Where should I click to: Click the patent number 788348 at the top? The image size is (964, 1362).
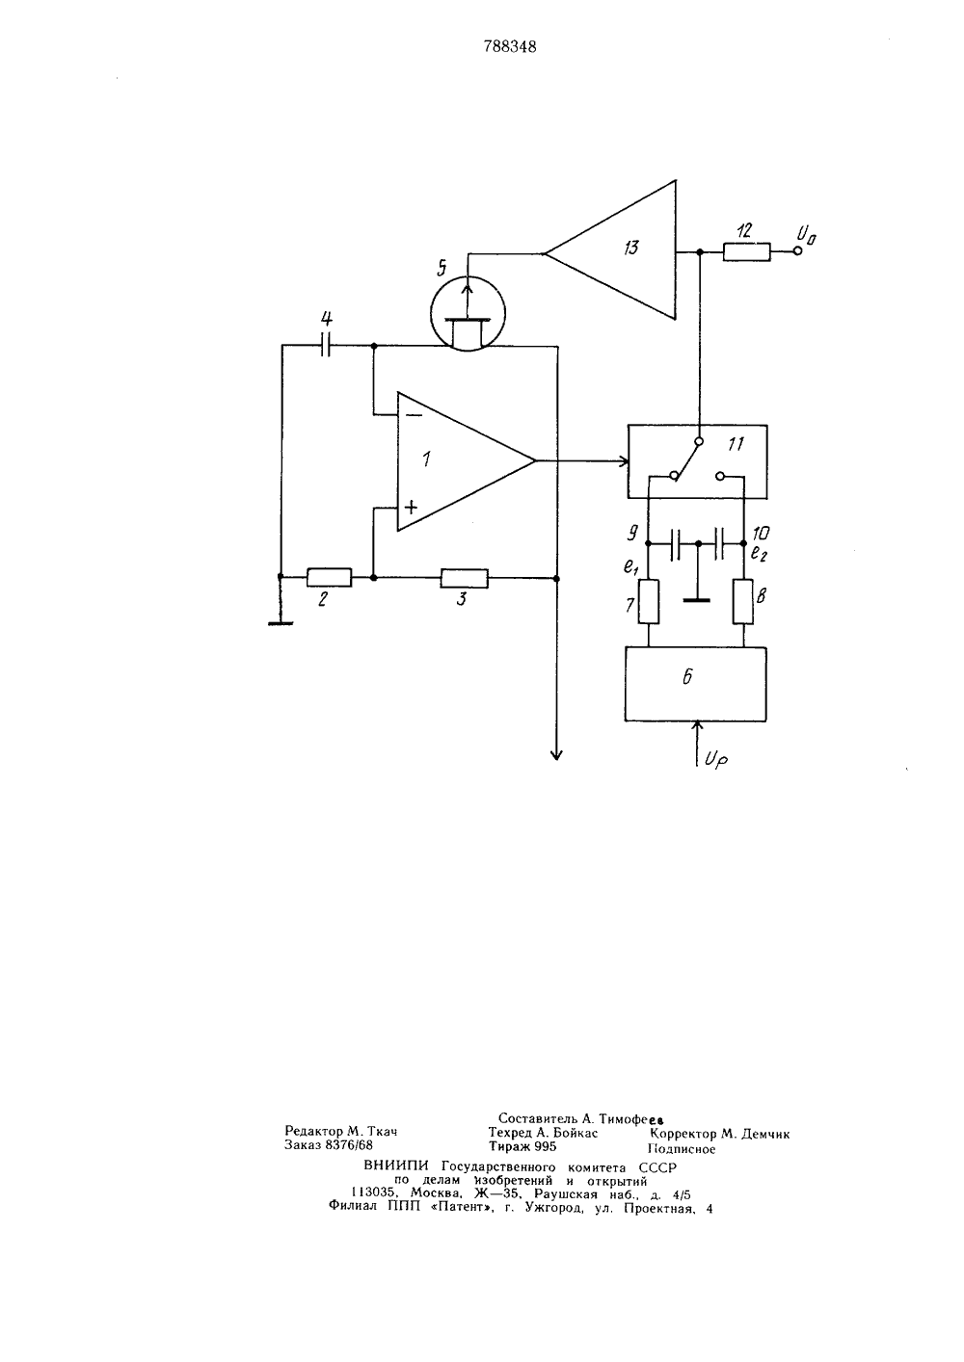pyautogui.click(x=509, y=47)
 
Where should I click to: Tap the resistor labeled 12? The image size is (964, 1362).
pyautogui.click(x=747, y=251)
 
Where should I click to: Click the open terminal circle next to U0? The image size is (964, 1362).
pyautogui.click(x=797, y=251)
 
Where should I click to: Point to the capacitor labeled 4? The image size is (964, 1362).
pyautogui.click(x=326, y=346)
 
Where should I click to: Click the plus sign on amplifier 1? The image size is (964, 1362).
pyautogui.click(x=412, y=507)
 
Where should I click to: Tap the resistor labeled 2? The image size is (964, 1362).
pyautogui.click(x=330, y=578)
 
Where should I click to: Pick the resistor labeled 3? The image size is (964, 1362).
pyautogui.click(x=465, y=578)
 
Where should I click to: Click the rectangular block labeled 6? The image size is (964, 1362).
pyautogui.click(x=696, y=684)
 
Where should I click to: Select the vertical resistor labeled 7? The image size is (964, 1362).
pyautogui.click(x=649, y=602)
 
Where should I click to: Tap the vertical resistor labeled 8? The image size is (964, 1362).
pyautogui.click(x=743, y=602)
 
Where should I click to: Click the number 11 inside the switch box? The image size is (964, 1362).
pyautogui.click(x=736, y=444)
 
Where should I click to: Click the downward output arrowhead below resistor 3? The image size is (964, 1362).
pyautogui.click(x=556, y=754)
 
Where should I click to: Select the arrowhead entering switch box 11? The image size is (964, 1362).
pyautogui.click(x=623, y=461)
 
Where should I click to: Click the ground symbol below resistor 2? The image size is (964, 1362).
pyautogui.click(x=281, y=623)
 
